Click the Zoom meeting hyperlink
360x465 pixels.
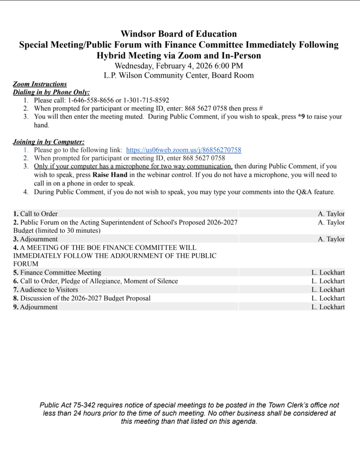point(183,150)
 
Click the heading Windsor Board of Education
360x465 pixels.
point(178,34)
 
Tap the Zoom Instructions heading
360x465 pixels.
point(40,84)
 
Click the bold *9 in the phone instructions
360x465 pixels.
point(301,117)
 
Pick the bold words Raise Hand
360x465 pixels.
point(110,175)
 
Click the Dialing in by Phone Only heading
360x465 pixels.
point(51,92)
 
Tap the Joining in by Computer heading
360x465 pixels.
point(49,142)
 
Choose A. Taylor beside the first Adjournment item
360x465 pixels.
point(331,239)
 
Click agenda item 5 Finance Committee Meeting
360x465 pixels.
point(57,272)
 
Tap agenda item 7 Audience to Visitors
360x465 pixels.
point(45,290)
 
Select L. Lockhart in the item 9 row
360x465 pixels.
point(328,307)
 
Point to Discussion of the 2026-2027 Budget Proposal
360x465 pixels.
point(85,298)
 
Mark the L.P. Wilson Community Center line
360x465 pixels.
point(178,75)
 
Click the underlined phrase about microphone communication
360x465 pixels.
point(133,166)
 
